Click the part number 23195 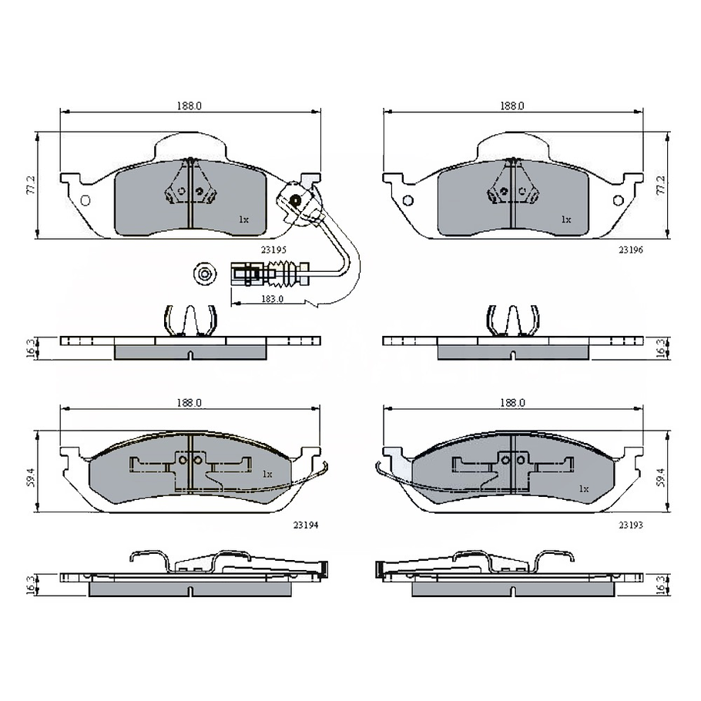point(274,250)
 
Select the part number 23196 point(630,250)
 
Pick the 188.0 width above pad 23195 point(189,106)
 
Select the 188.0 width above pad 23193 point(512,402)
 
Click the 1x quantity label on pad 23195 point(243,220)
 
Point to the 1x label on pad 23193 point(583,488)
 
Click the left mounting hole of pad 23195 point(85,201)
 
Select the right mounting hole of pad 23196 point(618,201)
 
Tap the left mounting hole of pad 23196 point(408,201)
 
